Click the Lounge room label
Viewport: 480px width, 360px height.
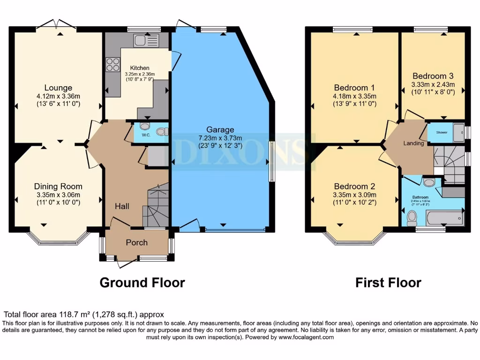click(58, 88)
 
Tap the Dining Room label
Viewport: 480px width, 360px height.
click(58, 186)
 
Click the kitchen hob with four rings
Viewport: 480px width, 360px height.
click(113, 64)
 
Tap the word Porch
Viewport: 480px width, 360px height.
click(137, 242)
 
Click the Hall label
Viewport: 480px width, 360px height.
click(122, 206)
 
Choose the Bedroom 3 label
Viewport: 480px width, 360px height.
click(433, 76)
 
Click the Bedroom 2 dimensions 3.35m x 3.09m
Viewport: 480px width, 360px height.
click(354, 195)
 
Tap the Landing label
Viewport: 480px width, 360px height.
click(414, 143)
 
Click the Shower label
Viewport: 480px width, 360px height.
click(441, 133)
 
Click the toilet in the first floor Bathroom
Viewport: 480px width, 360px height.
click(412, 217)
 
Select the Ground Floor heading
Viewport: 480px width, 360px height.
click(142, 283)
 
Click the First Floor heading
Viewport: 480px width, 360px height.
click(388, 283)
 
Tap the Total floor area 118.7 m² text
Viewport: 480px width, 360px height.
click(84, 315)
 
